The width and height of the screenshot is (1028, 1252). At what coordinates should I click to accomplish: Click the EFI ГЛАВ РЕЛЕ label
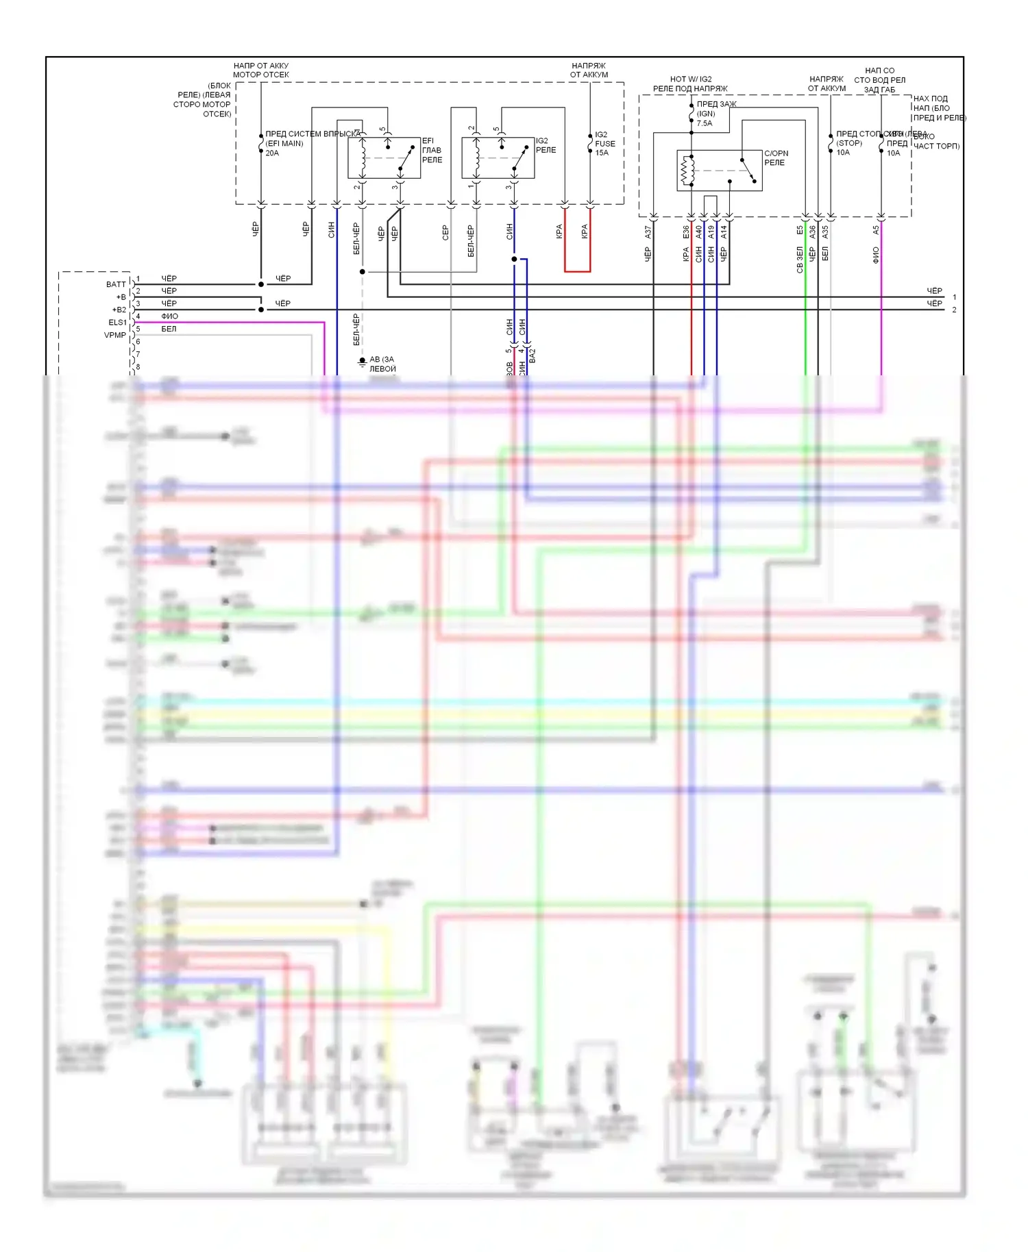tap(432, 150)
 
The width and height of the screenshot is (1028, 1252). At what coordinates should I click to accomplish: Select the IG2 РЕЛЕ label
tap(546, 145)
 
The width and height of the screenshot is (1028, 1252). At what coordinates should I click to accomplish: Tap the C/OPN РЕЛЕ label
tap(776, 158)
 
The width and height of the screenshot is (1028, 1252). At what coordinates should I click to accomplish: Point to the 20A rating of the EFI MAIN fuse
tap(272, 153)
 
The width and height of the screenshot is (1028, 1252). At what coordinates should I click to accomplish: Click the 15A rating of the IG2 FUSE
tap(602, 153)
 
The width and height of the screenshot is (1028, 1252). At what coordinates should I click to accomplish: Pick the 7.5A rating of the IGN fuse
tap(705, 123)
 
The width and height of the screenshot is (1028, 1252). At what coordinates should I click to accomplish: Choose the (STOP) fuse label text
tap(849, 143)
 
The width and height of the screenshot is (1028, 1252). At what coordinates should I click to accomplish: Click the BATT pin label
tap(116, 284)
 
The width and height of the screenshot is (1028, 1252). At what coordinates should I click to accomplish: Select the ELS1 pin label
tap(117, 322)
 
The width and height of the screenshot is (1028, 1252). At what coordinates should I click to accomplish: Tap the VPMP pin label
tap(115, 335)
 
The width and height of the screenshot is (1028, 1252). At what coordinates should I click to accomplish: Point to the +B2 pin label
tap(119, 310)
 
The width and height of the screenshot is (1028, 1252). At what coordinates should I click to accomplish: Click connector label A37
tap(648, 232)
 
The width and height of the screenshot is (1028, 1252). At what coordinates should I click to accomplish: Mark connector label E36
tap(685, 232)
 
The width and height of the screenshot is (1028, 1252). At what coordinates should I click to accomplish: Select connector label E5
tap(800, 231)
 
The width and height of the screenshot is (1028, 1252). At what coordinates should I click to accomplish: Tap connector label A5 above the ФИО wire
tap(875, 231)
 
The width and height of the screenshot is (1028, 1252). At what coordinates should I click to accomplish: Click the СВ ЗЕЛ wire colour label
tap(800, 260)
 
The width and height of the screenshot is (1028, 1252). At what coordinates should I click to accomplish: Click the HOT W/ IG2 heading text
tap(691, 79)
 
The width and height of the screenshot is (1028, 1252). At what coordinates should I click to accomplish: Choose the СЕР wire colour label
tap(445, 233)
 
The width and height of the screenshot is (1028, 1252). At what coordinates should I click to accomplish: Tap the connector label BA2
tap(533, 355)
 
